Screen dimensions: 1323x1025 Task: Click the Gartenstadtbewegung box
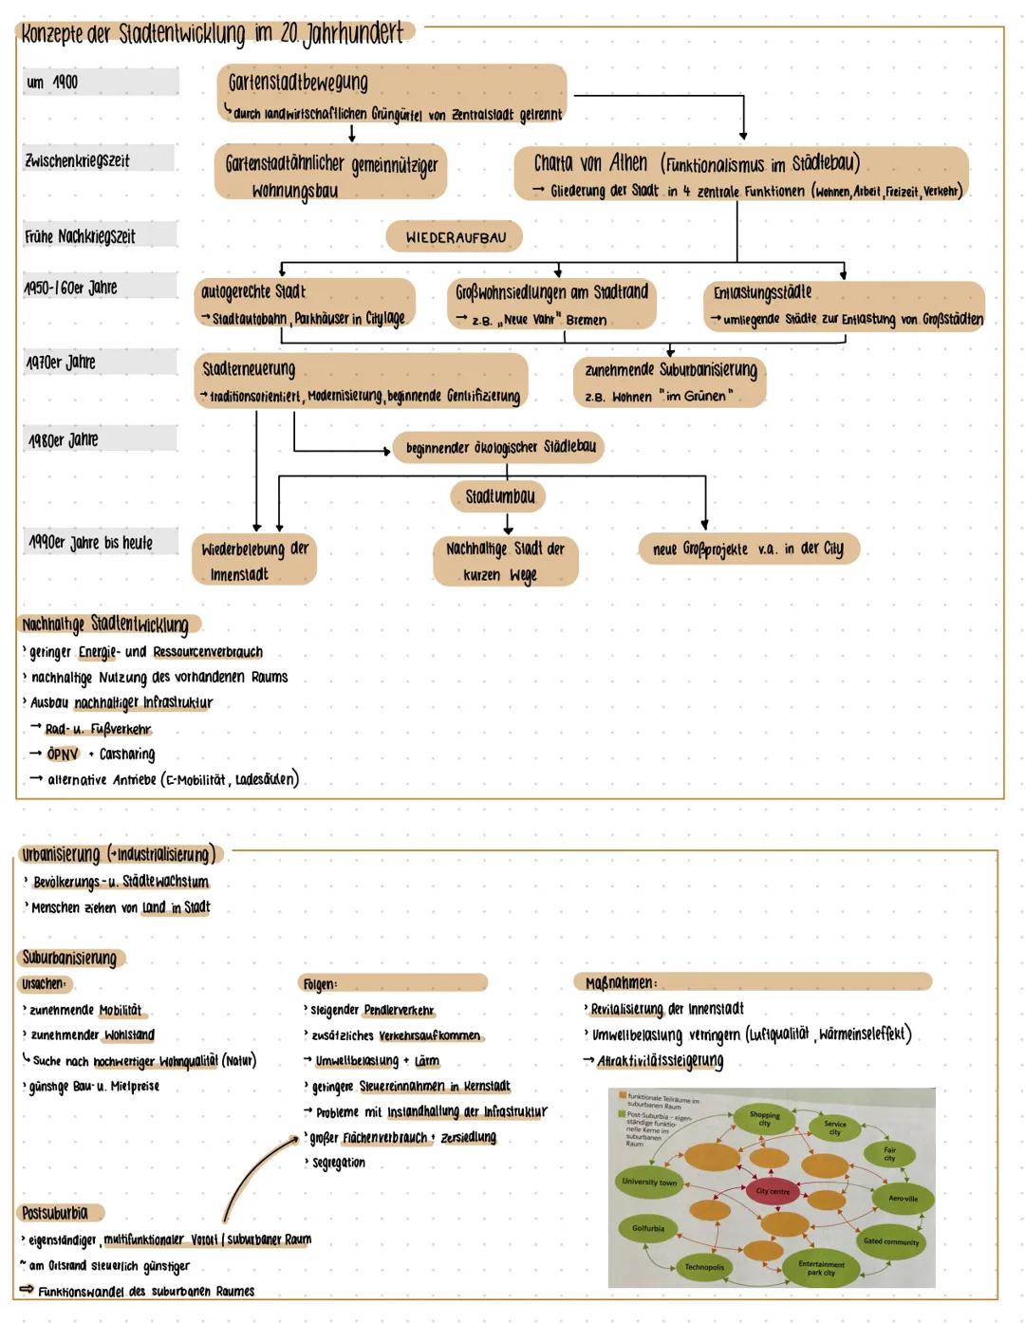click(391, 94)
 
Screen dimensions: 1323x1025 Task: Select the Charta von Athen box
click(740, 174)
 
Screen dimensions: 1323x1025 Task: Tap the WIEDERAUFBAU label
click(455, 237)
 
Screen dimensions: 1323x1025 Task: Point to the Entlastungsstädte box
click(843, 305)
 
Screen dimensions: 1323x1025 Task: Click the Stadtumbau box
click(500, 495)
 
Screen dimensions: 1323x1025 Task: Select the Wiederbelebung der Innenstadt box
click(253, 560)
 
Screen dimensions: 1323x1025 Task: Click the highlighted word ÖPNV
click(63, 755)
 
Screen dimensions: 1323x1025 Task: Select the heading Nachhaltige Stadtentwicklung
click(105, 624)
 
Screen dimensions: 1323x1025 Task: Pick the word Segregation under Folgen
click(338, 1163)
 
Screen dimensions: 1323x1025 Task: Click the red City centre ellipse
click(773, 1191)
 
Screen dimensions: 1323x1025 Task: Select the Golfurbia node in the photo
click(648, 1228)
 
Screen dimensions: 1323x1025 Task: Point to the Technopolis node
click(704, 1267)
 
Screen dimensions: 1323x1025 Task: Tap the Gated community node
click(891, 1241)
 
